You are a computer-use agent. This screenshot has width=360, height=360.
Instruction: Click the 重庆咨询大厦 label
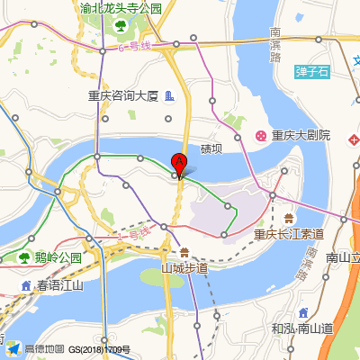tap(123, 95)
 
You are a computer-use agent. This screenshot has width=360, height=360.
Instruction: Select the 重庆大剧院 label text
tap(301, 136)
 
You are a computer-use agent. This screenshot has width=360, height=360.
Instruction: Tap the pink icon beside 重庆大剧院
tap(260, 136)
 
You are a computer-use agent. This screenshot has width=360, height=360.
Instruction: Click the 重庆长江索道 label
tap(288, 234)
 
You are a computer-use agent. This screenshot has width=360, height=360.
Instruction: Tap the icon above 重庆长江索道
tap(288, 219)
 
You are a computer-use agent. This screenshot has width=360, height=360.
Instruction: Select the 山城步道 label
tap(184, 267)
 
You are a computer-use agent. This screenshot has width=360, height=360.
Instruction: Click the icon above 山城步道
tap(184, 252)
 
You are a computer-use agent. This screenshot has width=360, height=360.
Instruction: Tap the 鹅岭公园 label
tap(58, 257)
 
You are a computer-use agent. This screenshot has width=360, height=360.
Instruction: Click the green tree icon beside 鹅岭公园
tap(23, 258)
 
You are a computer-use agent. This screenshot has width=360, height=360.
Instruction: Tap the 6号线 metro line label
tap(133, 46)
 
